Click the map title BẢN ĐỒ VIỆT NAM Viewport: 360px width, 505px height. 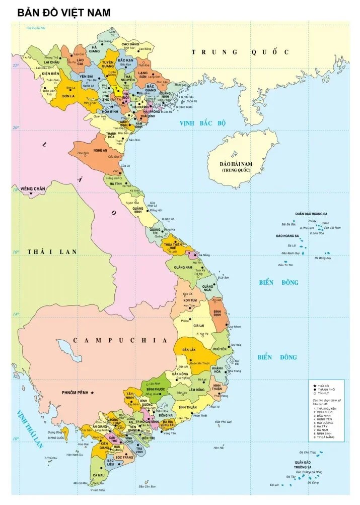pos(64,13)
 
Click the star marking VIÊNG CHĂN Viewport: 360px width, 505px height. pos(31,194)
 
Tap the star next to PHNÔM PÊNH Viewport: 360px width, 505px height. pos(92,393)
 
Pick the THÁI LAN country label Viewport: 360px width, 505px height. pos(52,251)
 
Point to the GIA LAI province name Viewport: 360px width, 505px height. pos(198,326)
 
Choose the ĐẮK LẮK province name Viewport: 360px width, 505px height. pos(189,349)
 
